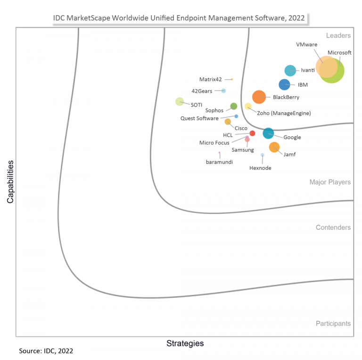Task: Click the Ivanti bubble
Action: pos(290,71)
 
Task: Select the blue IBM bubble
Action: pos(284,85)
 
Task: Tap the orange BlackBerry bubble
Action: pos(259,97)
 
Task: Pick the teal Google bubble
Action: pos(268,134)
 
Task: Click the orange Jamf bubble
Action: pos(274,147)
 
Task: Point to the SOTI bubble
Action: pos(180,101)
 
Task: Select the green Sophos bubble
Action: pos(233,106)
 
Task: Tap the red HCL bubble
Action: pos(252,134)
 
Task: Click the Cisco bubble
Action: pos(228,122)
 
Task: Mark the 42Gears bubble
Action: pos(224,91)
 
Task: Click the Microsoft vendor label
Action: pos(339,53)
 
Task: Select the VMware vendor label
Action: pos(306,44)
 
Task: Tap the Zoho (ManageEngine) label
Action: pos(284,113)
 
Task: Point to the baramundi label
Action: pos(220,162)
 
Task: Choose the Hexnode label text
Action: pos(260,168)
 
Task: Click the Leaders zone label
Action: pos(338,35)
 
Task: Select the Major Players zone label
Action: pos(330,182)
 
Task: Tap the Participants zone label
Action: pos(333,324)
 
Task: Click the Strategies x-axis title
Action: pos(185,343)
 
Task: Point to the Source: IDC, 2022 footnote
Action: pos(46,352)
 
